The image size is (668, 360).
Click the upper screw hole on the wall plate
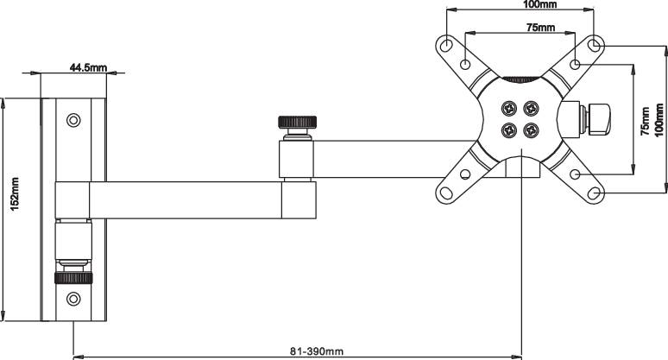coord(73,119)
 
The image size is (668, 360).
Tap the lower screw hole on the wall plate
coord(73,300)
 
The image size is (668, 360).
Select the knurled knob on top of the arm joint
coord(296,122)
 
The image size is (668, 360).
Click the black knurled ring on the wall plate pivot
coord(73,278)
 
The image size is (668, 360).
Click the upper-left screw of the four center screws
coord(508,109)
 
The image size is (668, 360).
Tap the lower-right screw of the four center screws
coord(531,130)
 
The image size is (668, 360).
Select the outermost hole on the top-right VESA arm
coord(595,44)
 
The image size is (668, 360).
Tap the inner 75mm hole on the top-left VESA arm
coord(465,63)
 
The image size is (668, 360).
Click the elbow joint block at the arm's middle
coord(299,199)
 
